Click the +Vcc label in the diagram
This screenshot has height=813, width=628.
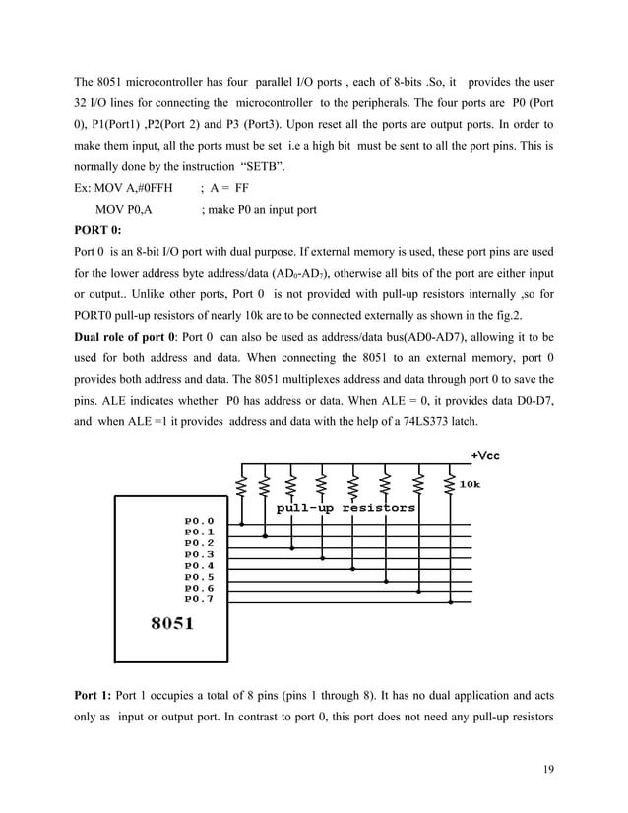tap(485, 455)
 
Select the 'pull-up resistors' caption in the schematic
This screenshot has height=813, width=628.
tap(345, 508)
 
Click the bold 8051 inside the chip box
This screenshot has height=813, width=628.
tap(171, 624)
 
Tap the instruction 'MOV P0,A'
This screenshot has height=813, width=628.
tap(124, 209)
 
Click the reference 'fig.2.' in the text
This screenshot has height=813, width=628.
tap(532, 312)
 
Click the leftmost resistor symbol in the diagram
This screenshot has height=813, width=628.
tap(239, 485)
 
